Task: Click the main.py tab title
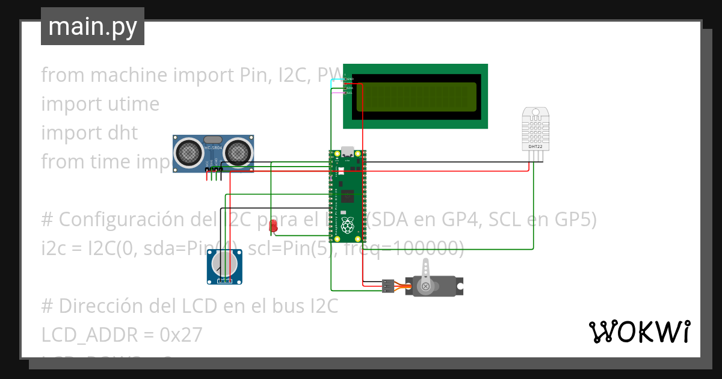(92, 26)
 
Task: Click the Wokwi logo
(638, 331)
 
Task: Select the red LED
(273, 226)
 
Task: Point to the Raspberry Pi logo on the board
(347, 226)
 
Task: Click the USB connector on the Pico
(347, 151)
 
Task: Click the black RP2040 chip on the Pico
(348, 197)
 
